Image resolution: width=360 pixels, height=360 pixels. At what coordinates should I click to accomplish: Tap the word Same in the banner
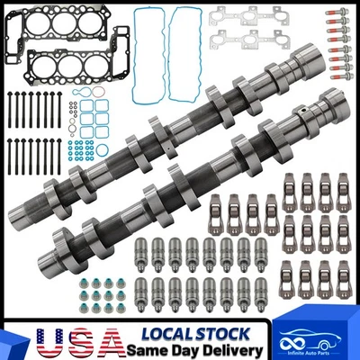pyautogui.click(x=148, y=347)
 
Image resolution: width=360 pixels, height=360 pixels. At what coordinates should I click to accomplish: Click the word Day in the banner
pyautogui.click(x=188, y=347)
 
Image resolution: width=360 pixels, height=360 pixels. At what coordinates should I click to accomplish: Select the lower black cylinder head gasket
pyautogui.click(x=63, y=64)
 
